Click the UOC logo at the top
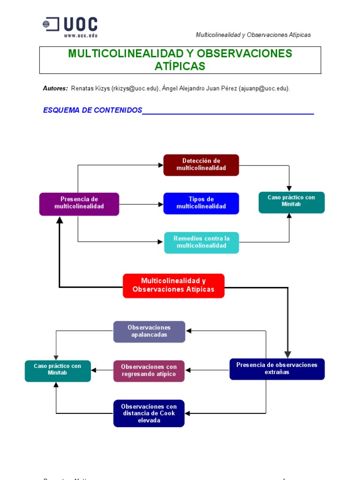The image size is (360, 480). pos(70,24)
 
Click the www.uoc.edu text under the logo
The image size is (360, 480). pos(80,35)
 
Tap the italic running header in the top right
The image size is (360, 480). pos(253,35)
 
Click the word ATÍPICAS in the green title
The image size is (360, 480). pos(180,67)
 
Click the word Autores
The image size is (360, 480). pos(55,89)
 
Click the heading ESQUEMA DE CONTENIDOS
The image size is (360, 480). pos(92,110)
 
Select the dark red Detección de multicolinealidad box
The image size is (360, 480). pos(201,165)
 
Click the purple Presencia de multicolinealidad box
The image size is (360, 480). pos(79,203)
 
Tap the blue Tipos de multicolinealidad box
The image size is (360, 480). pos(201,203)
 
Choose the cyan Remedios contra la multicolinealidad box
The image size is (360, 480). pos(202,242)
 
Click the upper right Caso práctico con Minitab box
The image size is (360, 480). pos(292,202)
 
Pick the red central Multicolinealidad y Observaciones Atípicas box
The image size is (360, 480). pos(173,285)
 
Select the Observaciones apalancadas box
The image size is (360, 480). pos(149,331)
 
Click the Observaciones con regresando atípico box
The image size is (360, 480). pos(149,371)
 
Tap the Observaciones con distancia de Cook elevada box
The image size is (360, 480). pos(149,413)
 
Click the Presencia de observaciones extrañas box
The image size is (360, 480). pos(277,368)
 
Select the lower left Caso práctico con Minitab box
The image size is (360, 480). pos(58,370)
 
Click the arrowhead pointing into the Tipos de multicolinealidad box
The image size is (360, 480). pos(160,204)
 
